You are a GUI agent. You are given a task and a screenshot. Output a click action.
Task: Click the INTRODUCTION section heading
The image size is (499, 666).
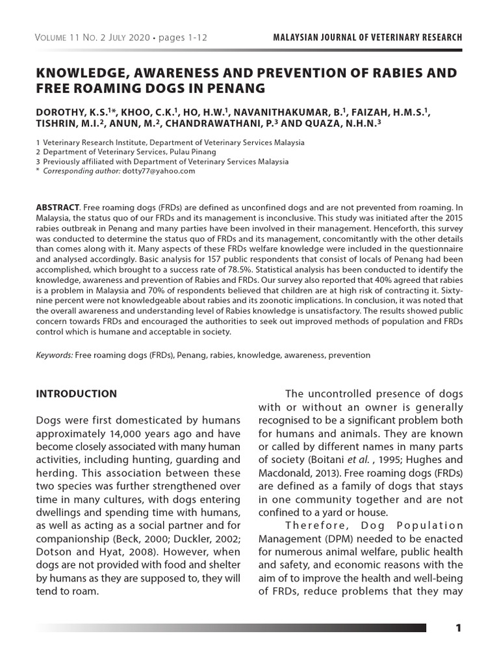coord(76,393)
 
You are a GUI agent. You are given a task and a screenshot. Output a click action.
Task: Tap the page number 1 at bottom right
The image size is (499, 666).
coord(458,628)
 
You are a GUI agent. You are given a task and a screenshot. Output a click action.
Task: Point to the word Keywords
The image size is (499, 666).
coord(55,355)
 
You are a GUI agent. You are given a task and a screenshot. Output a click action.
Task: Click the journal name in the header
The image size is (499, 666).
coord(368,38)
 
